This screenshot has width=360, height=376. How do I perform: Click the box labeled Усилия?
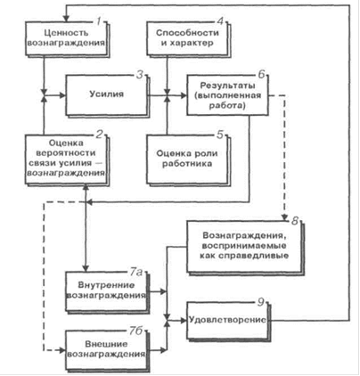tap(107, 95)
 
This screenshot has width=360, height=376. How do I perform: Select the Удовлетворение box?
tap(228, 322)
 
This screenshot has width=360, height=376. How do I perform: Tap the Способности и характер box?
tap(188, 38)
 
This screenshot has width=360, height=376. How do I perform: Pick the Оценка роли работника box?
tap(188, 159)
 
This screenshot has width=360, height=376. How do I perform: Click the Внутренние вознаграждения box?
tap(107, 291)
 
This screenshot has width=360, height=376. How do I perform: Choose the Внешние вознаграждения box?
tap(107, 350)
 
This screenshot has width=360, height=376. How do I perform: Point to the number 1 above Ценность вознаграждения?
tap(99, 21)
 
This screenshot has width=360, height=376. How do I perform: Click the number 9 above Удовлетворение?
tap(260, 302)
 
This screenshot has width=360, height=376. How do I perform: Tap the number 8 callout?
tap(295, 221)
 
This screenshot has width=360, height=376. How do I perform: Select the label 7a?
tap(136, 272)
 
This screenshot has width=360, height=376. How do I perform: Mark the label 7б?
tap(136, 331)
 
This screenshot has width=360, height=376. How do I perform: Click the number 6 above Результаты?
tap(261, 74)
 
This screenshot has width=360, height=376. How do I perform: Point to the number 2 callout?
tap(99, 135)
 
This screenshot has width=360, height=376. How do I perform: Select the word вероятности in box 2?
tap(66, 153)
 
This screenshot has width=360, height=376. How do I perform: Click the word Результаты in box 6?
tap(227, 86)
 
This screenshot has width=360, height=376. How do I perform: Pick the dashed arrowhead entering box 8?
tap(285, 217)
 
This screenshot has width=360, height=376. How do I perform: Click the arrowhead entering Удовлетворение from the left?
tap(183, 321)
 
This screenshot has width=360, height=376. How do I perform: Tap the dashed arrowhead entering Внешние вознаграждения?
tap(62, 350)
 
